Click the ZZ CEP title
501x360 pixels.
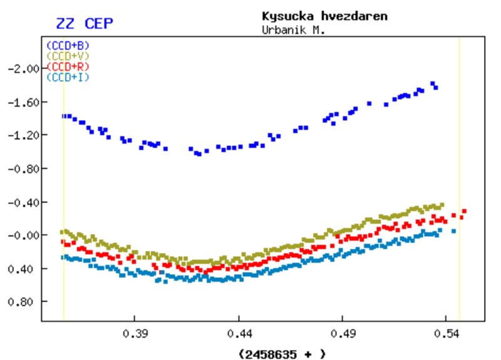pos(85,24)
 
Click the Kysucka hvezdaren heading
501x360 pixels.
pos(324,16)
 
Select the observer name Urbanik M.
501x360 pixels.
pos(293,29)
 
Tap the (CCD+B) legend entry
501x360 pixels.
pos(68,45)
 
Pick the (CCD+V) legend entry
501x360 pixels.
pos(68,56)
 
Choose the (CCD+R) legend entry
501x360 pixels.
pos(68,66)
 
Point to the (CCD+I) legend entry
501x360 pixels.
pos(68,77)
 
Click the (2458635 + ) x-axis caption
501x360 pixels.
pos(282,354)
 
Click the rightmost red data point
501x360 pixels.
pos(464,212)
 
